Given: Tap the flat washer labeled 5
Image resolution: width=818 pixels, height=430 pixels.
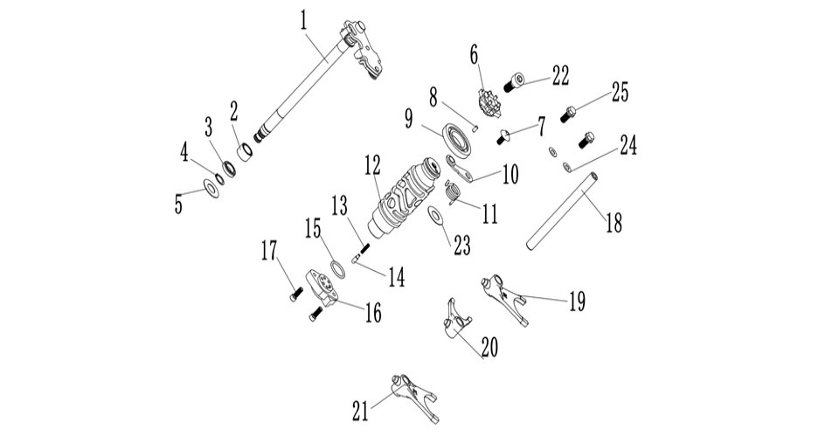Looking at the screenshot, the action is pos(211,188).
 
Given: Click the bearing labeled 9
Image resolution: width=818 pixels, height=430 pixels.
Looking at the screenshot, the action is pos(458,139).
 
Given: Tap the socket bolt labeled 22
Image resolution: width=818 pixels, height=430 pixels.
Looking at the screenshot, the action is pos(514,83).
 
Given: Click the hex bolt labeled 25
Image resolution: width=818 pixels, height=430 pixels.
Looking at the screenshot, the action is pos(568,114).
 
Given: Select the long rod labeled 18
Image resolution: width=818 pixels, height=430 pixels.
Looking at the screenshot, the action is pos(562,212).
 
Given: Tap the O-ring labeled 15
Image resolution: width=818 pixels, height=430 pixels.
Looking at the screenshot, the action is pos(338,270).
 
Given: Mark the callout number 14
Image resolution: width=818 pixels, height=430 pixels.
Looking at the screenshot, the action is pos(397,276).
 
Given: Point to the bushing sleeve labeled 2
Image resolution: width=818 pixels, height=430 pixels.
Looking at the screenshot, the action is pos(245,152).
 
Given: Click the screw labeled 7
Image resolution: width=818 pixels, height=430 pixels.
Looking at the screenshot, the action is pos(503,136).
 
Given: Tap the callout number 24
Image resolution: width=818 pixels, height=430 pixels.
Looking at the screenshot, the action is pos(627,145).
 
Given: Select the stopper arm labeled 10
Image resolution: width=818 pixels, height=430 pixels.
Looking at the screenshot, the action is pos(460,170).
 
